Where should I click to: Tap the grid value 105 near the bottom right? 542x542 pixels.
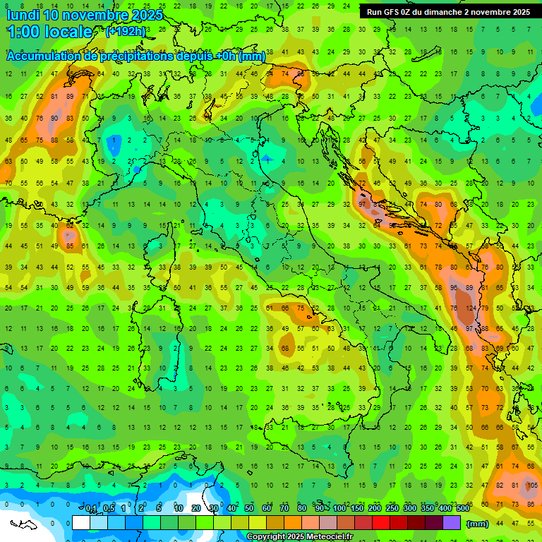pyautogui.click(x=531, y=486)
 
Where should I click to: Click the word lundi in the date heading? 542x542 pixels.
pyautogui.click(x=23, y=15)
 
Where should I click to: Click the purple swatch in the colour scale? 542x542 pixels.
pyautogui.click(x=452, y=523)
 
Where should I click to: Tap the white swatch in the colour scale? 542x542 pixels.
pyautogui.click(x=81, y=523)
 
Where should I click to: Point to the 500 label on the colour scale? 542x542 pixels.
pyautogui.click(x=462, y=509)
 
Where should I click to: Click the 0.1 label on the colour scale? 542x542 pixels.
pyautogui.click(x=92, y=509)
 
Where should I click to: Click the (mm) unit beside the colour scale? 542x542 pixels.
pyautogui.click(x=478, y=524)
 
